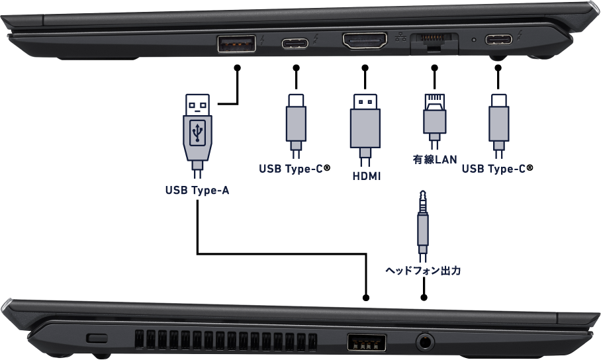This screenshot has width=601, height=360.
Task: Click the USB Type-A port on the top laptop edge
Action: pyautogui.click(x=235, y=44)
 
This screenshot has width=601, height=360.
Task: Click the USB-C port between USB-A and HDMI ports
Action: pyautogui.click(x=295, y=44)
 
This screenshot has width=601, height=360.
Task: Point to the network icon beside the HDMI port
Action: pyautogui.click(x=399, y=38)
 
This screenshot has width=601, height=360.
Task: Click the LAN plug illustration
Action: pyautogui.click(x=434, y=119)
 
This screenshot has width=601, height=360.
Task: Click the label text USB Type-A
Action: pyautogui.click(x=197, y=191)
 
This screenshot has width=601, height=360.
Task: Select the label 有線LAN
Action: pyautogui.click(x=434, y=160)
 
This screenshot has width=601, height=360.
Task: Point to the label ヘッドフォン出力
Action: pyautogui.click(x=422, y=271)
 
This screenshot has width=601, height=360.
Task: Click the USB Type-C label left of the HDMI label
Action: pyautogui.click(x=291, y=169)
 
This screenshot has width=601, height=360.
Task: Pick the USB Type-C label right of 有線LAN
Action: pyautogui.click(x=494, y=169)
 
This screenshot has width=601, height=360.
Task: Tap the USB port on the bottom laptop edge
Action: pyautogui.click(x=367, y=342)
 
